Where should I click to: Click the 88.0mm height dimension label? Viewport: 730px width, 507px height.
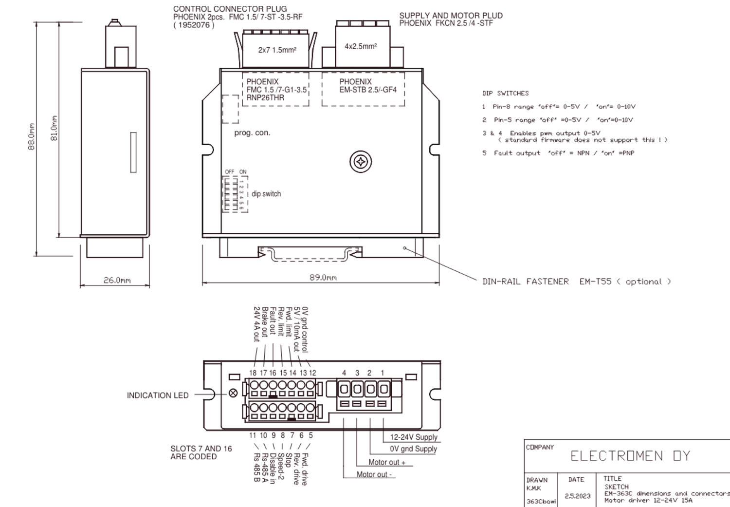coord(32,136)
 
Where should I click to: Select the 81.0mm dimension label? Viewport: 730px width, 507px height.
coord(54,128)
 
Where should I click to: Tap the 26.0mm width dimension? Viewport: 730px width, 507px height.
coord(117,280)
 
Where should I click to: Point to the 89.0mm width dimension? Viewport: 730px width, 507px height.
coord(323,278)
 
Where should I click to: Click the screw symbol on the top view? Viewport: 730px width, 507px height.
coord(361,162)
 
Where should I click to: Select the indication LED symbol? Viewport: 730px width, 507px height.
coord(233,393)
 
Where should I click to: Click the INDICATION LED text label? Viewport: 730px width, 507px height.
coord(157,395)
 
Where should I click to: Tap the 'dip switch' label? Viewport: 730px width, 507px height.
coord(266,194)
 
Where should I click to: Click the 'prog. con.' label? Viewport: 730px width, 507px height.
coord(252,132)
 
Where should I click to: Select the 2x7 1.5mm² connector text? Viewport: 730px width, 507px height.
coord(277,50)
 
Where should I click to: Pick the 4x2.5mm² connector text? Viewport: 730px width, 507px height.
coord(361,46)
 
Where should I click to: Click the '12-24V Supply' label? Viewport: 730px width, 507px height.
coord(414,437)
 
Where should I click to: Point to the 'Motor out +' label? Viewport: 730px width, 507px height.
coord(387,462)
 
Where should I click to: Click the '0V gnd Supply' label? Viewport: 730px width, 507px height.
coord(413,449)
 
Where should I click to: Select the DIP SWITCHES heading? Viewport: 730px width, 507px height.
coord(505,93)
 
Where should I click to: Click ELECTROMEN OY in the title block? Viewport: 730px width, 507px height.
coord(630,456)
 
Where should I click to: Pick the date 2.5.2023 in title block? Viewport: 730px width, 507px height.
coord(577,496)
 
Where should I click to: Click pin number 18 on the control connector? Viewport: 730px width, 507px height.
coord(253,373)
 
